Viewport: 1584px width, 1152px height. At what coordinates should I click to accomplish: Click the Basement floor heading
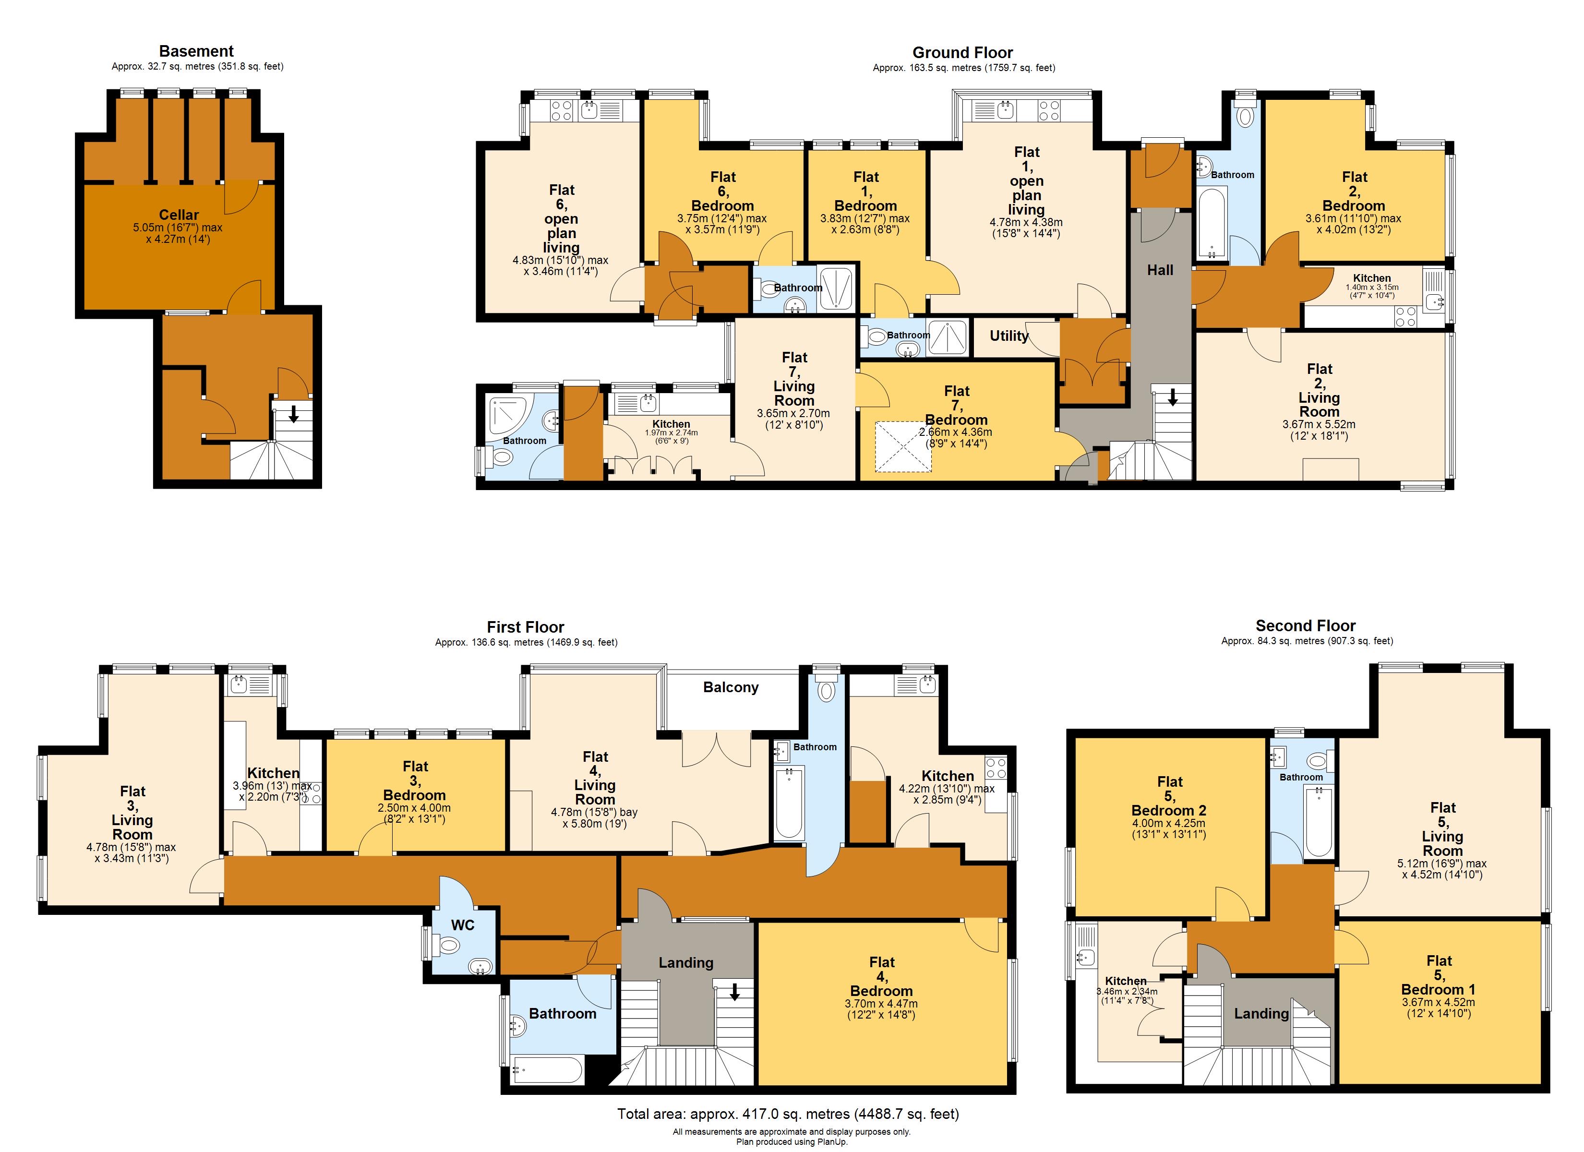[196, 51]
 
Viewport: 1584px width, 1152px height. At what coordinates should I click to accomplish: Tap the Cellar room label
[179, 215]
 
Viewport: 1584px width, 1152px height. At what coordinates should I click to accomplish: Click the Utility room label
[1009, 336]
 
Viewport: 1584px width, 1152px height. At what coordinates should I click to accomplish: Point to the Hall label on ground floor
[1160, 270]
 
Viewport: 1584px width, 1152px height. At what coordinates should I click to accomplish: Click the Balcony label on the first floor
[731, 687]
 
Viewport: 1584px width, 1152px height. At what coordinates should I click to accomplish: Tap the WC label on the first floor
[462, 925]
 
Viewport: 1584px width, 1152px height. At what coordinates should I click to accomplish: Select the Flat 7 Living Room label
[794, 379]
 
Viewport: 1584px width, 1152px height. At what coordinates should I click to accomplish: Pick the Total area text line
[788, 1114]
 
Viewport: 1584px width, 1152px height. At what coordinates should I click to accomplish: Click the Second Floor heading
[1305, 626]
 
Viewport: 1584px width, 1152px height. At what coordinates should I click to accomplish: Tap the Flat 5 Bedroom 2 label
[1169, 796]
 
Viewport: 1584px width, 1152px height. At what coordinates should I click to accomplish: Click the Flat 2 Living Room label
[1320, 390]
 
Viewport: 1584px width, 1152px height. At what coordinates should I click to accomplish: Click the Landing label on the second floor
[1261, 1014]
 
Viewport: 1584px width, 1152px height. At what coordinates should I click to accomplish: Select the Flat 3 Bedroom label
[415, 781]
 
